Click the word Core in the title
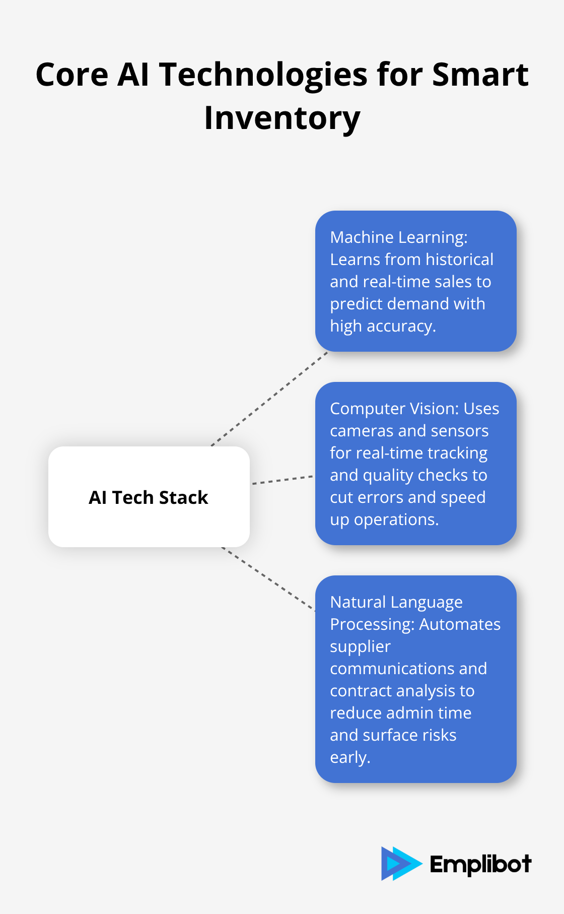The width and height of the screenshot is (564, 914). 72,75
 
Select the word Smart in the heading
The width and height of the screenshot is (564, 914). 480,75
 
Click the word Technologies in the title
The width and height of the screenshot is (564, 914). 264,75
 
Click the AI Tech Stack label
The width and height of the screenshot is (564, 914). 149,497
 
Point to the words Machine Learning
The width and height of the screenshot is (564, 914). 398,237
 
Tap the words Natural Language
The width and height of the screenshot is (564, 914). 396,602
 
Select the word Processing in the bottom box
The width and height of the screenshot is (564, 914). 372,624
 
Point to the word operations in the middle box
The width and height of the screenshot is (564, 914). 396,519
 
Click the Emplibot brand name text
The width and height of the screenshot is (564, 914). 480,864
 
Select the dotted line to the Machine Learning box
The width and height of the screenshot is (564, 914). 269,399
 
